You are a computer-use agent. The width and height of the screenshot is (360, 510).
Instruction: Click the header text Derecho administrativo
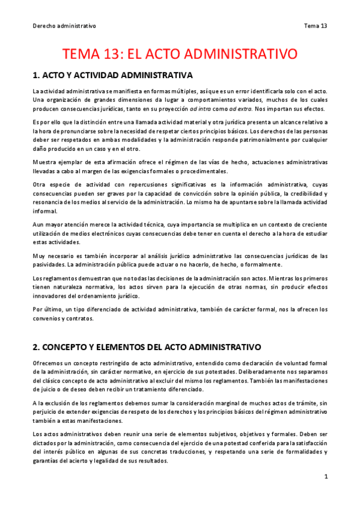pyautogui.click(x=64, y=26)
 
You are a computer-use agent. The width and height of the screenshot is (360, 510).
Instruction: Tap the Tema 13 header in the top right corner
pyautogui.click(x=316, y=26)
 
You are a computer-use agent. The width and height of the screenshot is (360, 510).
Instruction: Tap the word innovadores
pyautogui.click(x=52, y=296)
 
